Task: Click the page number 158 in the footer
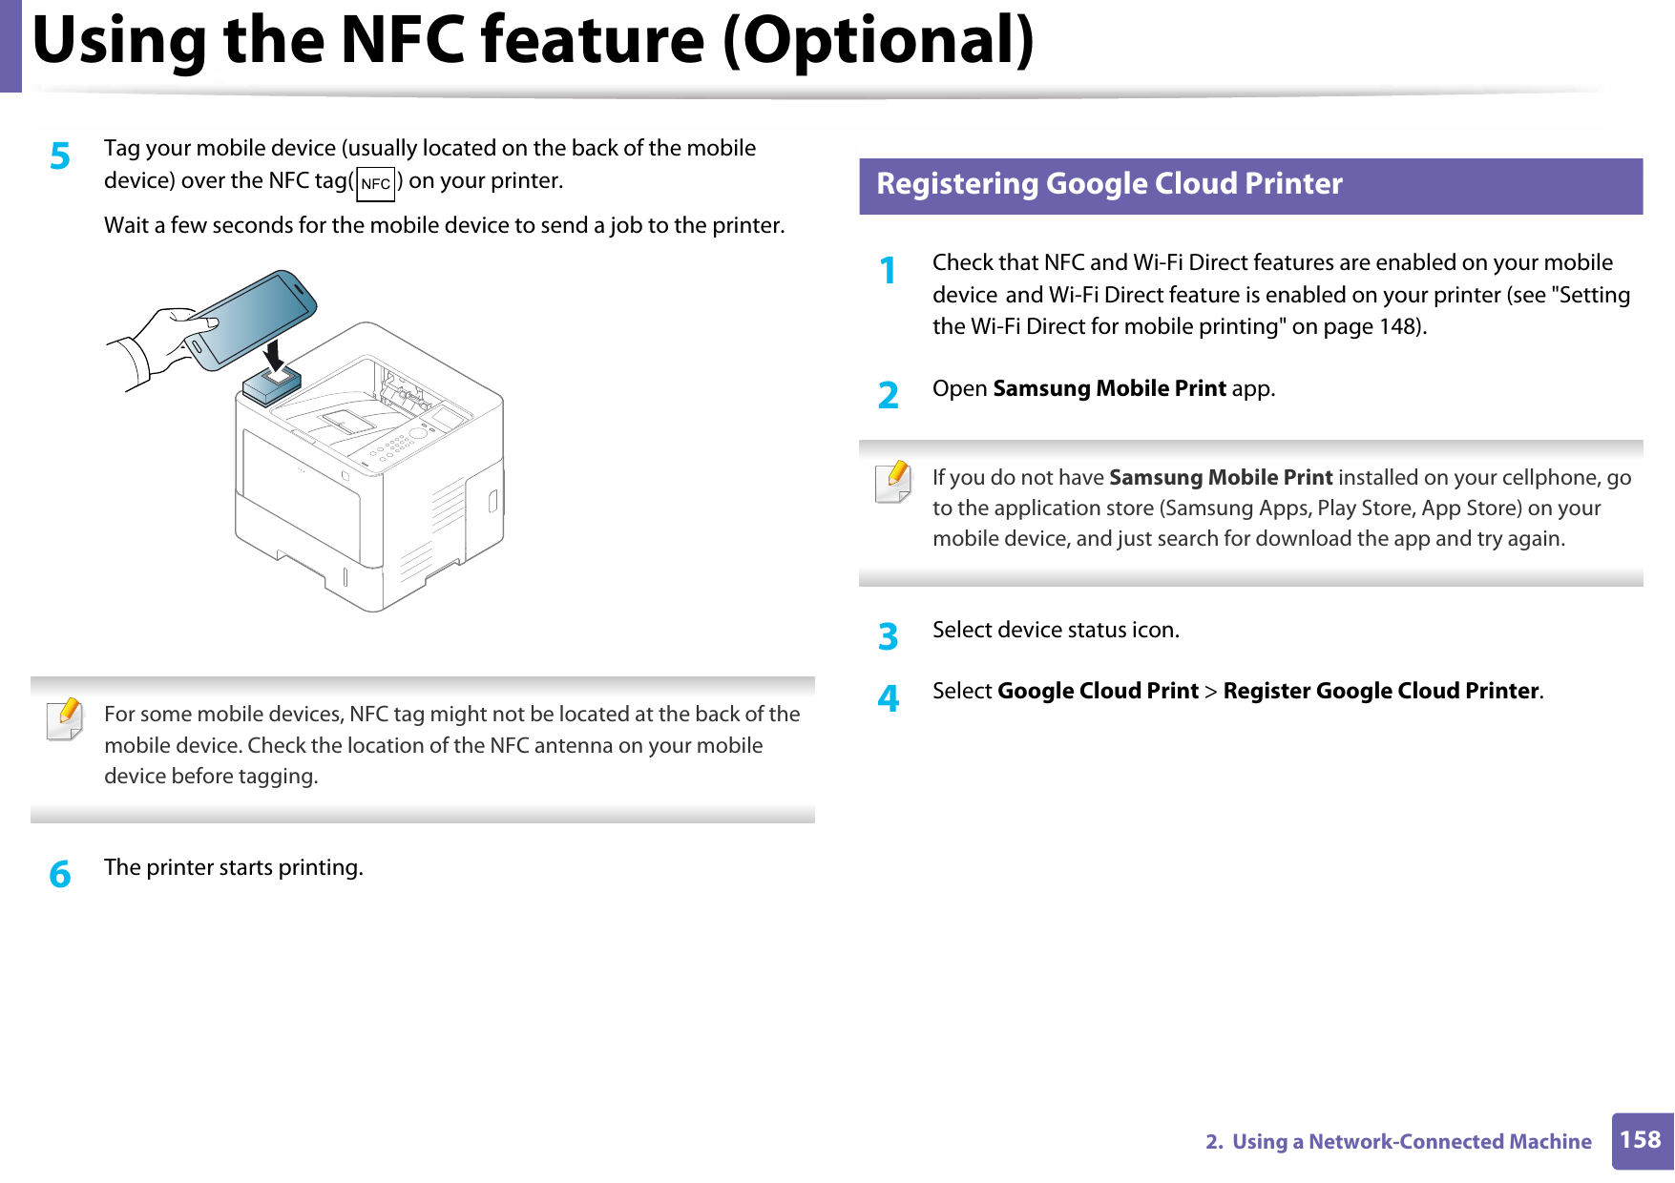click(x=1640, y=1140)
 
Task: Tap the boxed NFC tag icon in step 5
click(x=375, y=183)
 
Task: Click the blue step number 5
click(x=60, y=156)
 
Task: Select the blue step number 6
click(x=60, y=874)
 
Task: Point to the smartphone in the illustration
click(x=253, y=319)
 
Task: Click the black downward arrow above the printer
click(x=275, y=355)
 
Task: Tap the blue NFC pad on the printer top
click(x=272, y=384)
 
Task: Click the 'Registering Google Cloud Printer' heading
click(x=1109, y=184)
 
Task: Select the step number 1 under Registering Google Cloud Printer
click(x=889, y=271)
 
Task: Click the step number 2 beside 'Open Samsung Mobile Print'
click(x=889, y=395)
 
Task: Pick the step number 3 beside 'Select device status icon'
click(x=889, y=636)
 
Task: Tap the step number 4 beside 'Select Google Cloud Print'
click(x=889, y=698)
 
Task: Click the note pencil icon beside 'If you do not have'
click(x=893, y=482)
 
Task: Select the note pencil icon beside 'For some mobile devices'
click(x=65, y=719)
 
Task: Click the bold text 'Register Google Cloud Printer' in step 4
click(x=1380, y=692)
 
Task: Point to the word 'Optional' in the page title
click(x=878, y=40)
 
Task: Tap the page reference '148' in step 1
click(x=1398, y=327)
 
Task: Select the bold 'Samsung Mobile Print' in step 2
click(x=1109, y=389)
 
